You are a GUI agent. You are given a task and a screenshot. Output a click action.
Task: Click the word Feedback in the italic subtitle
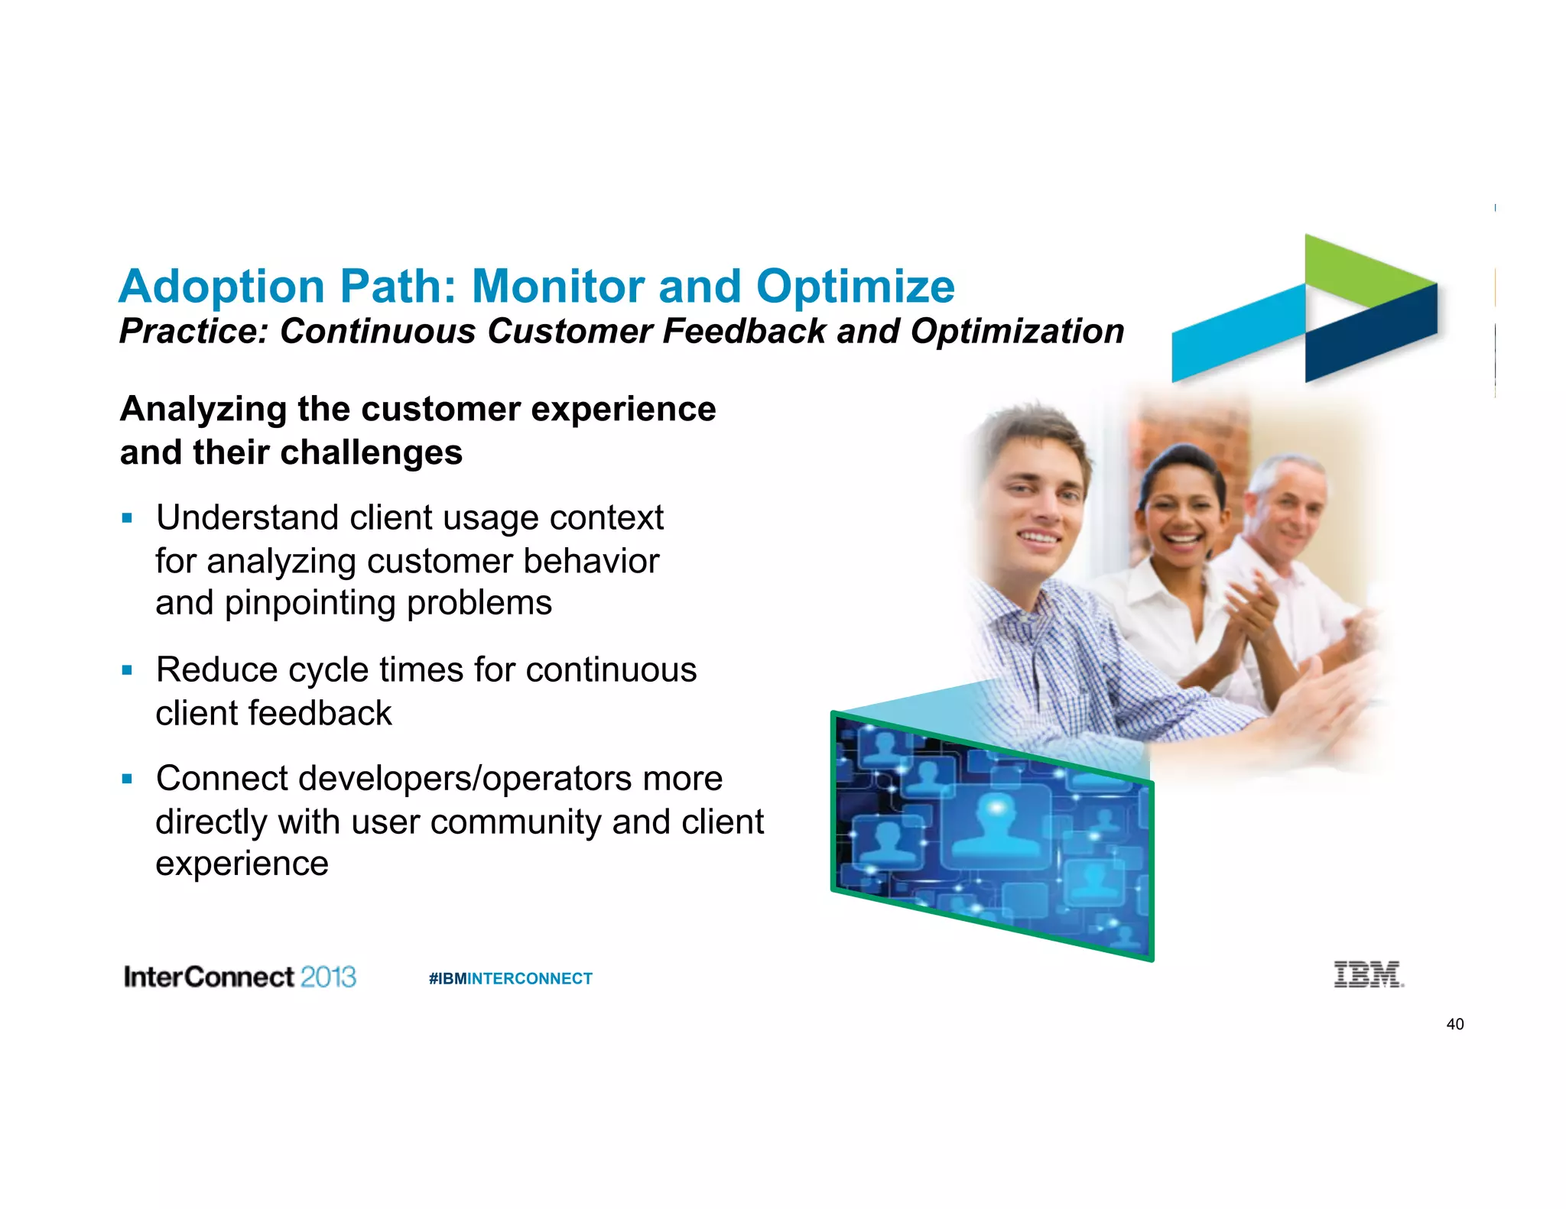pyautogui.click(x=743, y=332)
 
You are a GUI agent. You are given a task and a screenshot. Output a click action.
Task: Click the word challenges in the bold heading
pyautogui.click(x=366, y=452)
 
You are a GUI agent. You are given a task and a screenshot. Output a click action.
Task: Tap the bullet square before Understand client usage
pyautogui.click(x=127, y=519)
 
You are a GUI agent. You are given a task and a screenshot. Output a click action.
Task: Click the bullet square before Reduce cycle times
pyautogui.click(x=127, y=671)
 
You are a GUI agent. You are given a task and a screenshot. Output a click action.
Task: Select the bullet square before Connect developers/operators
pyautogui.click(x=127, y=780)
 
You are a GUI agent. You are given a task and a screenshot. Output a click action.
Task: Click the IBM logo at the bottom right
pyautogui.click(x=1368, y=974)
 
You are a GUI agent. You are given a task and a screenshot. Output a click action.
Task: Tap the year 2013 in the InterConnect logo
pyautogui.click(x=328, y=977)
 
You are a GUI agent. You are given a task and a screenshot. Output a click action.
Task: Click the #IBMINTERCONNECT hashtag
pyautogui.click(x=511, y=979)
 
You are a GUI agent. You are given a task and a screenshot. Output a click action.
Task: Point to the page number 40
pyautogui.click(x=1454, y=1024)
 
